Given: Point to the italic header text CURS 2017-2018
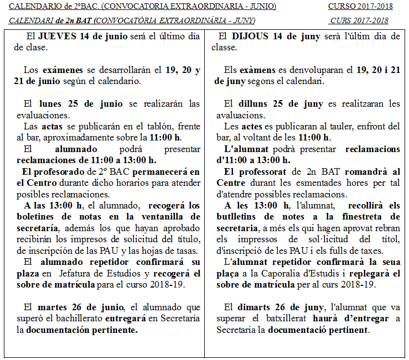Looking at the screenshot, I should pos(359,21).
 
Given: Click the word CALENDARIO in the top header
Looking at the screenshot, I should pos(38,7).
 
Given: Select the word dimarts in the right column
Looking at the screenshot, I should pos(258,307).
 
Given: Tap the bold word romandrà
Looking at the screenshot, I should pos(367,172).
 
